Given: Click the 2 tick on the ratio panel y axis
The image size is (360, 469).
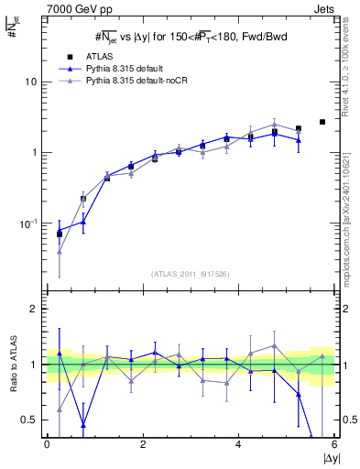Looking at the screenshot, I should tap(37, 310).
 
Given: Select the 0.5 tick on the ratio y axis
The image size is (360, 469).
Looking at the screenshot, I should tap(32, 420).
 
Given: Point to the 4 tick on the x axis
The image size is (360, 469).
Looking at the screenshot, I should tap(239, 444).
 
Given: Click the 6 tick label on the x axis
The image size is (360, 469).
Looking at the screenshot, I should tap(334, 444).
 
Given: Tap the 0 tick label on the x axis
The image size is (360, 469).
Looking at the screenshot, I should tap(47, 444).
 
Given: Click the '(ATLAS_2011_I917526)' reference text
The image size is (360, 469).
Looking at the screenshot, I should tap(190, 273).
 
